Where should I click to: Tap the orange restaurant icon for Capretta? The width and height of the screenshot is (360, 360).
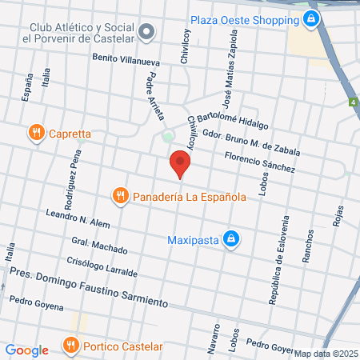35,134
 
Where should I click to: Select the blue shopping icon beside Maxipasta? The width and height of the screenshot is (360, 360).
230,238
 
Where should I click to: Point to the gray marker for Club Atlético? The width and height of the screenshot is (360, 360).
146,32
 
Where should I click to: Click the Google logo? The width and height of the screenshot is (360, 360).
26,350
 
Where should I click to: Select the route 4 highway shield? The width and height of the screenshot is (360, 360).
353,102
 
